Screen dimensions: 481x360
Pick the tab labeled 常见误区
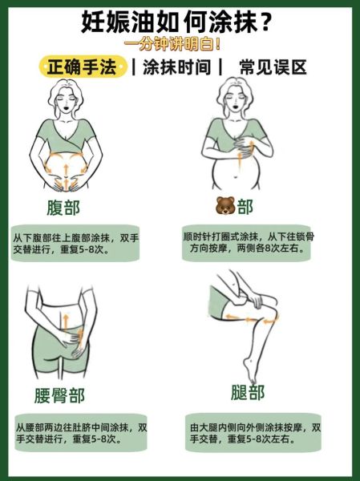coord(273,67)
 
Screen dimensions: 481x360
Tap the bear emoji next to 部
coord(224,208)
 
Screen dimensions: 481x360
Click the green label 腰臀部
coord(59,395)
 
